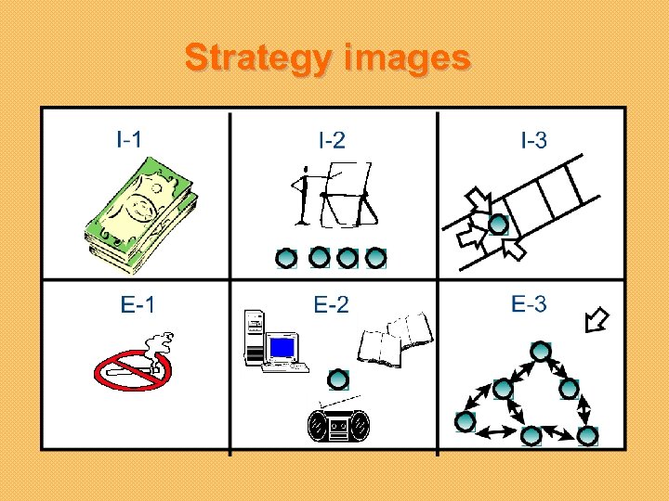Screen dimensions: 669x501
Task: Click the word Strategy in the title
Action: [x=259, y=58]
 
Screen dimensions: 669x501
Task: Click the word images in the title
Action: [x=407, y=58]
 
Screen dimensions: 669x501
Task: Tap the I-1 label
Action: [x=129, y=140]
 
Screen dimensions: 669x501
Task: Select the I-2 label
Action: [x=332, y=141]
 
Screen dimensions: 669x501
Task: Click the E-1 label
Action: [x=138, y=304]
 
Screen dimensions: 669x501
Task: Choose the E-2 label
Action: [x=332, y=304]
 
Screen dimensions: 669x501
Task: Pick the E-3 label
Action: [x=529, y=303]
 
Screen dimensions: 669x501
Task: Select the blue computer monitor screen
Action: [x=282, y=348]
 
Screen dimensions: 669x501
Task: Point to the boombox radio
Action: [x=337, y=426]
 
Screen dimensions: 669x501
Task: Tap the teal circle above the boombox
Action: [x=338, y=379]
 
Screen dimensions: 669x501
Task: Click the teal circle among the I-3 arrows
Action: [x=499, y=225]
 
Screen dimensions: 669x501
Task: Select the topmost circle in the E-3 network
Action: [x=540, y=352]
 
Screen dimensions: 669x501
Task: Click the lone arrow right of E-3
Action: [x=596, y=321]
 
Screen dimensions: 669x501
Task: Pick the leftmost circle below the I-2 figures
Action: [x=287, y=257]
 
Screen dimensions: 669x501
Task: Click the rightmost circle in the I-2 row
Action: [x=375, y=257]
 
